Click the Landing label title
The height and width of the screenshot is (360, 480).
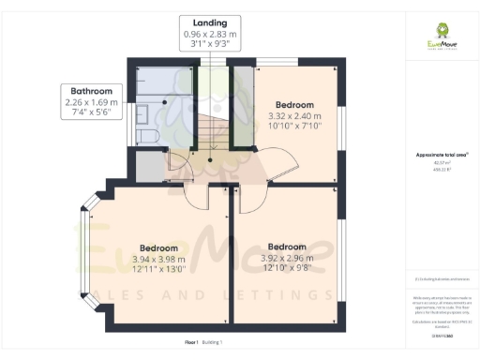click(210, 22)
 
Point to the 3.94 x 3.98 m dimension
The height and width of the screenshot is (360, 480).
click(158, 259)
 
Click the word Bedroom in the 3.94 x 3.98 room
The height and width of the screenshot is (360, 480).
click(158, 247)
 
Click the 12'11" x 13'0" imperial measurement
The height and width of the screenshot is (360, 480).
click(158, 270)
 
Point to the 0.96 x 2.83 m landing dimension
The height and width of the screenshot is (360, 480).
click(210, 34)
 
